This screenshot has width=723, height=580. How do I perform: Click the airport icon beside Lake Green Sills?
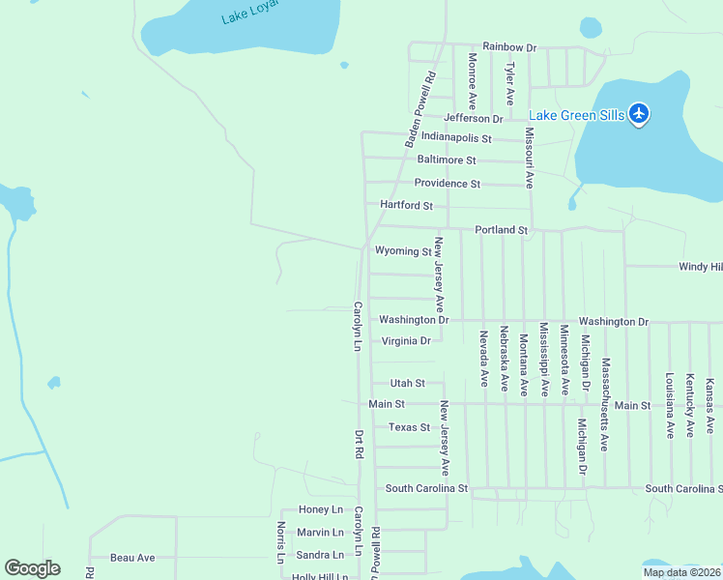click(638, 114)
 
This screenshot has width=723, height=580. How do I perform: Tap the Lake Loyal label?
click(249, 11)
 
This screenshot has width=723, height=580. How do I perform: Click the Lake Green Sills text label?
click(576, 115)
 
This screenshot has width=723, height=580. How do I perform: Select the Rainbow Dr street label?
click(509, 46)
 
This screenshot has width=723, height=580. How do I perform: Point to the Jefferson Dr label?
click(474, 119)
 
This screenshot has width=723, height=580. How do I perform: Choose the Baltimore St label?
click(447, 159)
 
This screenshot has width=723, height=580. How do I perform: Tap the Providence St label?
click(447, 184)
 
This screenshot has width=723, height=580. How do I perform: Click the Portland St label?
click(501, 230)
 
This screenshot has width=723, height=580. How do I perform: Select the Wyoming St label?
click(403, 251)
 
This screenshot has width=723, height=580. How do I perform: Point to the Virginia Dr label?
click(406, 341)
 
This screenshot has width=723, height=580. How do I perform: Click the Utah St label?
click(407, 384)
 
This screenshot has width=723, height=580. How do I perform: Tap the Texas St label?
click(409, 427)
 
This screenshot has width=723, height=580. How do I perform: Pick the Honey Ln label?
click(321, 509)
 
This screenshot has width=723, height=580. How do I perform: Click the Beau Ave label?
click(132, 558)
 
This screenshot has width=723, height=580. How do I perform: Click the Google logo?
click(32, 568)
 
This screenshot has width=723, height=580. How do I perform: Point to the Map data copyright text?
click(680, 572)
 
